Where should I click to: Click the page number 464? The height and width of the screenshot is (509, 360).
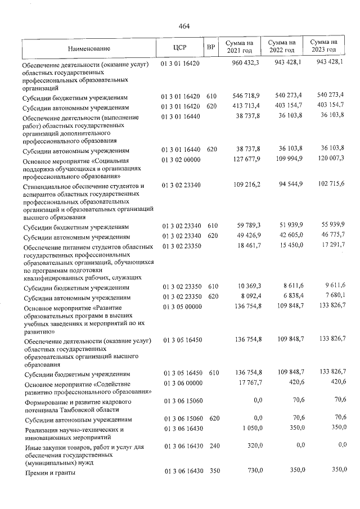184,26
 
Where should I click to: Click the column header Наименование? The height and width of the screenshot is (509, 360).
89,48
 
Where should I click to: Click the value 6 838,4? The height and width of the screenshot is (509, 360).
291,296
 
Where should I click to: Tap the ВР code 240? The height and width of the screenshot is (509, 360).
211,446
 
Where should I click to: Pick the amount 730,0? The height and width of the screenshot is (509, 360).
253,471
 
